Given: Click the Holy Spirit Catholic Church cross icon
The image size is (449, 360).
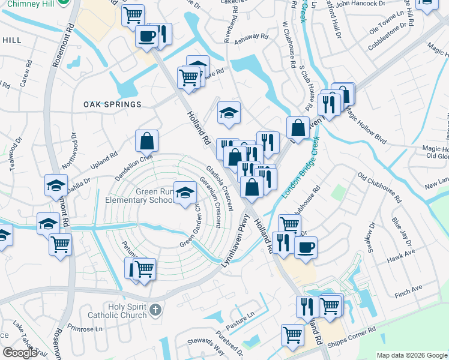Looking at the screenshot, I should click(155, 310).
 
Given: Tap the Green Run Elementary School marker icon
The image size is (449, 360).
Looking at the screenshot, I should click(185, 192).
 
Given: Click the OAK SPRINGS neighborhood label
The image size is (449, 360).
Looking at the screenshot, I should click(113, 104).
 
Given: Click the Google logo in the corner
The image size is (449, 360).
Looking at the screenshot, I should click(20, 352).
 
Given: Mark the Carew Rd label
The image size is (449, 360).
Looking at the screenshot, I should click(25, 74).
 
